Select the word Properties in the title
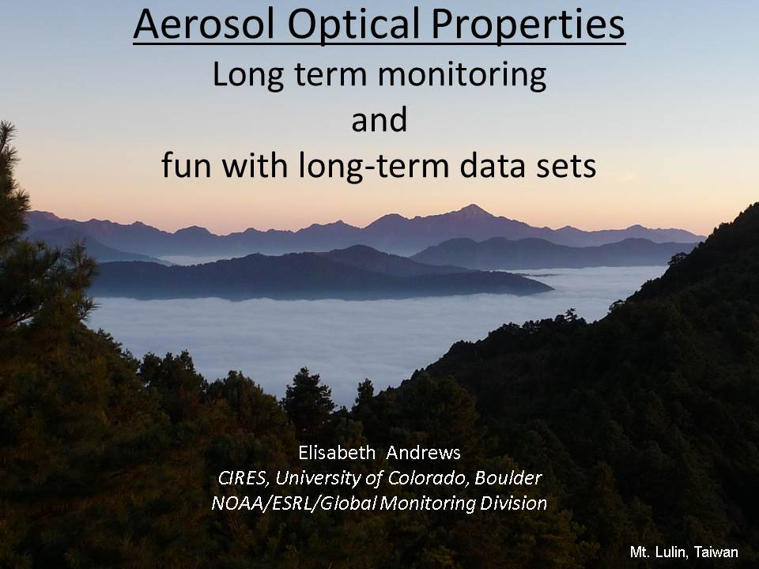click(x=527, y=25)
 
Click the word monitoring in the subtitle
click(x=462, y=76)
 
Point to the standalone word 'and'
click(x=379, y=120)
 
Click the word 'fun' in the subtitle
click(x=187, y=165)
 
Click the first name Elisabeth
click(x=337, y=452)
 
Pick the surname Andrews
click(x=423, y=452)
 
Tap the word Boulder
click(x=508, y=478)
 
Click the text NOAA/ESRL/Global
click(x=294, y=503)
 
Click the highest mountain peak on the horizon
click(x=472, y=205)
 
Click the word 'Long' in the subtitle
click(x=248, y=76)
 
